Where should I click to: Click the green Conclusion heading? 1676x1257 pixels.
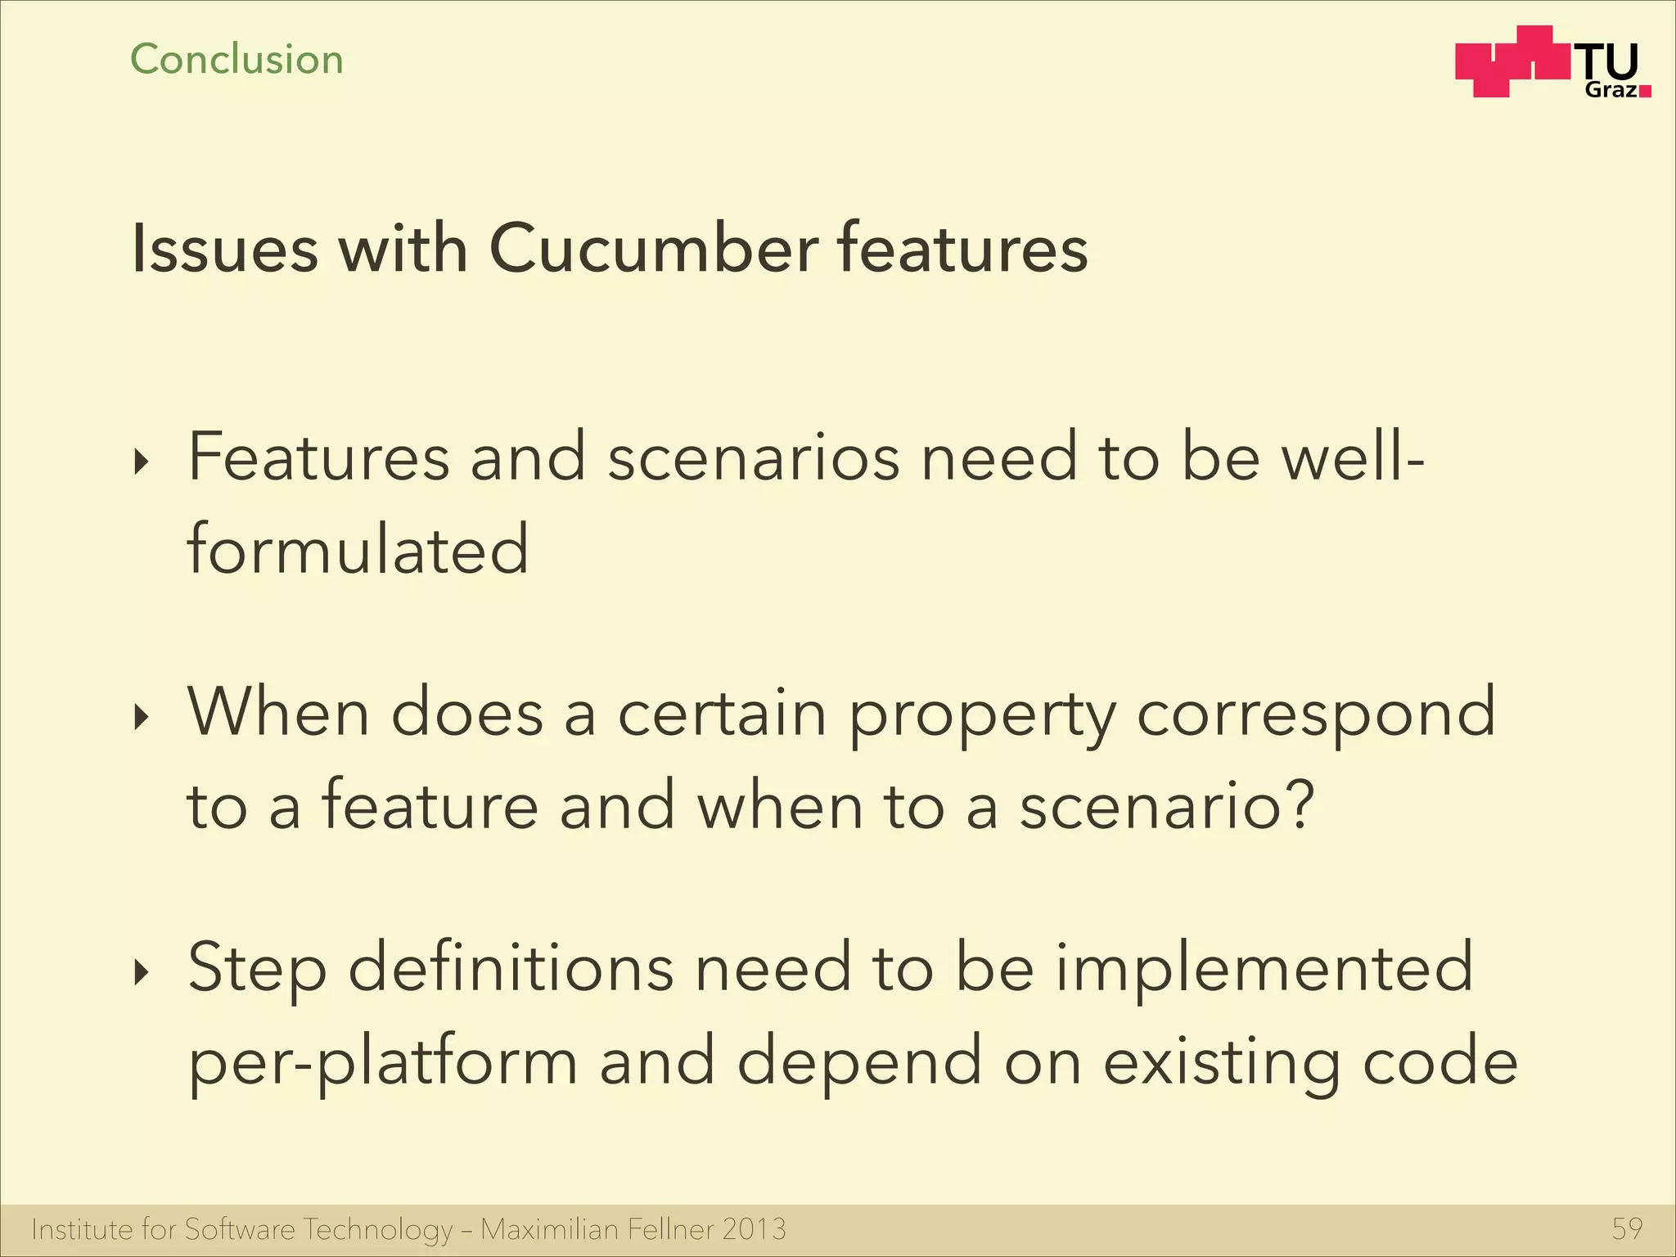(237, 60)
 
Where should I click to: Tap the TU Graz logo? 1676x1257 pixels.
(1552, 63)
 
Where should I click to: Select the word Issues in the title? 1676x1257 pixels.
(224, 248)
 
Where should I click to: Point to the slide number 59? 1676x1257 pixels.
(1627, 1228)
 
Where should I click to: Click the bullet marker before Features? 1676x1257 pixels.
(142, 462)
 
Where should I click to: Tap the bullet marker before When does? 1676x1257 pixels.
(142, 718)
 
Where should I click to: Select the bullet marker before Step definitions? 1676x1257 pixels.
(142, 972)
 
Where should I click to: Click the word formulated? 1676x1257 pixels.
(358, 549)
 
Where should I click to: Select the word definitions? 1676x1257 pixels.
(511, 968)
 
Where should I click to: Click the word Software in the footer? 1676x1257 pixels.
(239, 1228)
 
